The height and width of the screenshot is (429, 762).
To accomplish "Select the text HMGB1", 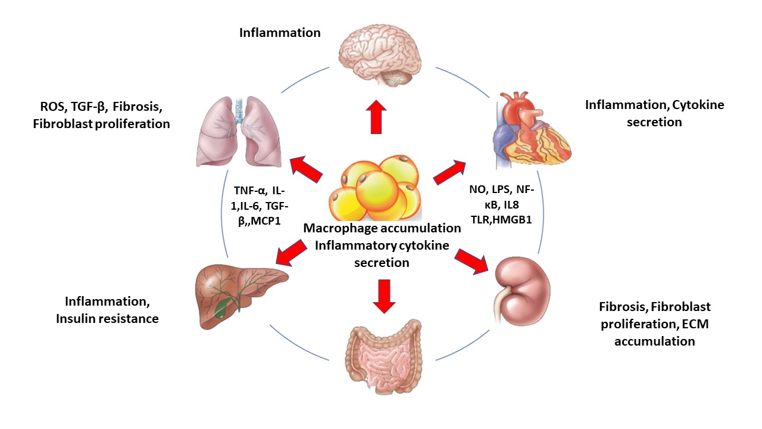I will (x=519, y=218).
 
